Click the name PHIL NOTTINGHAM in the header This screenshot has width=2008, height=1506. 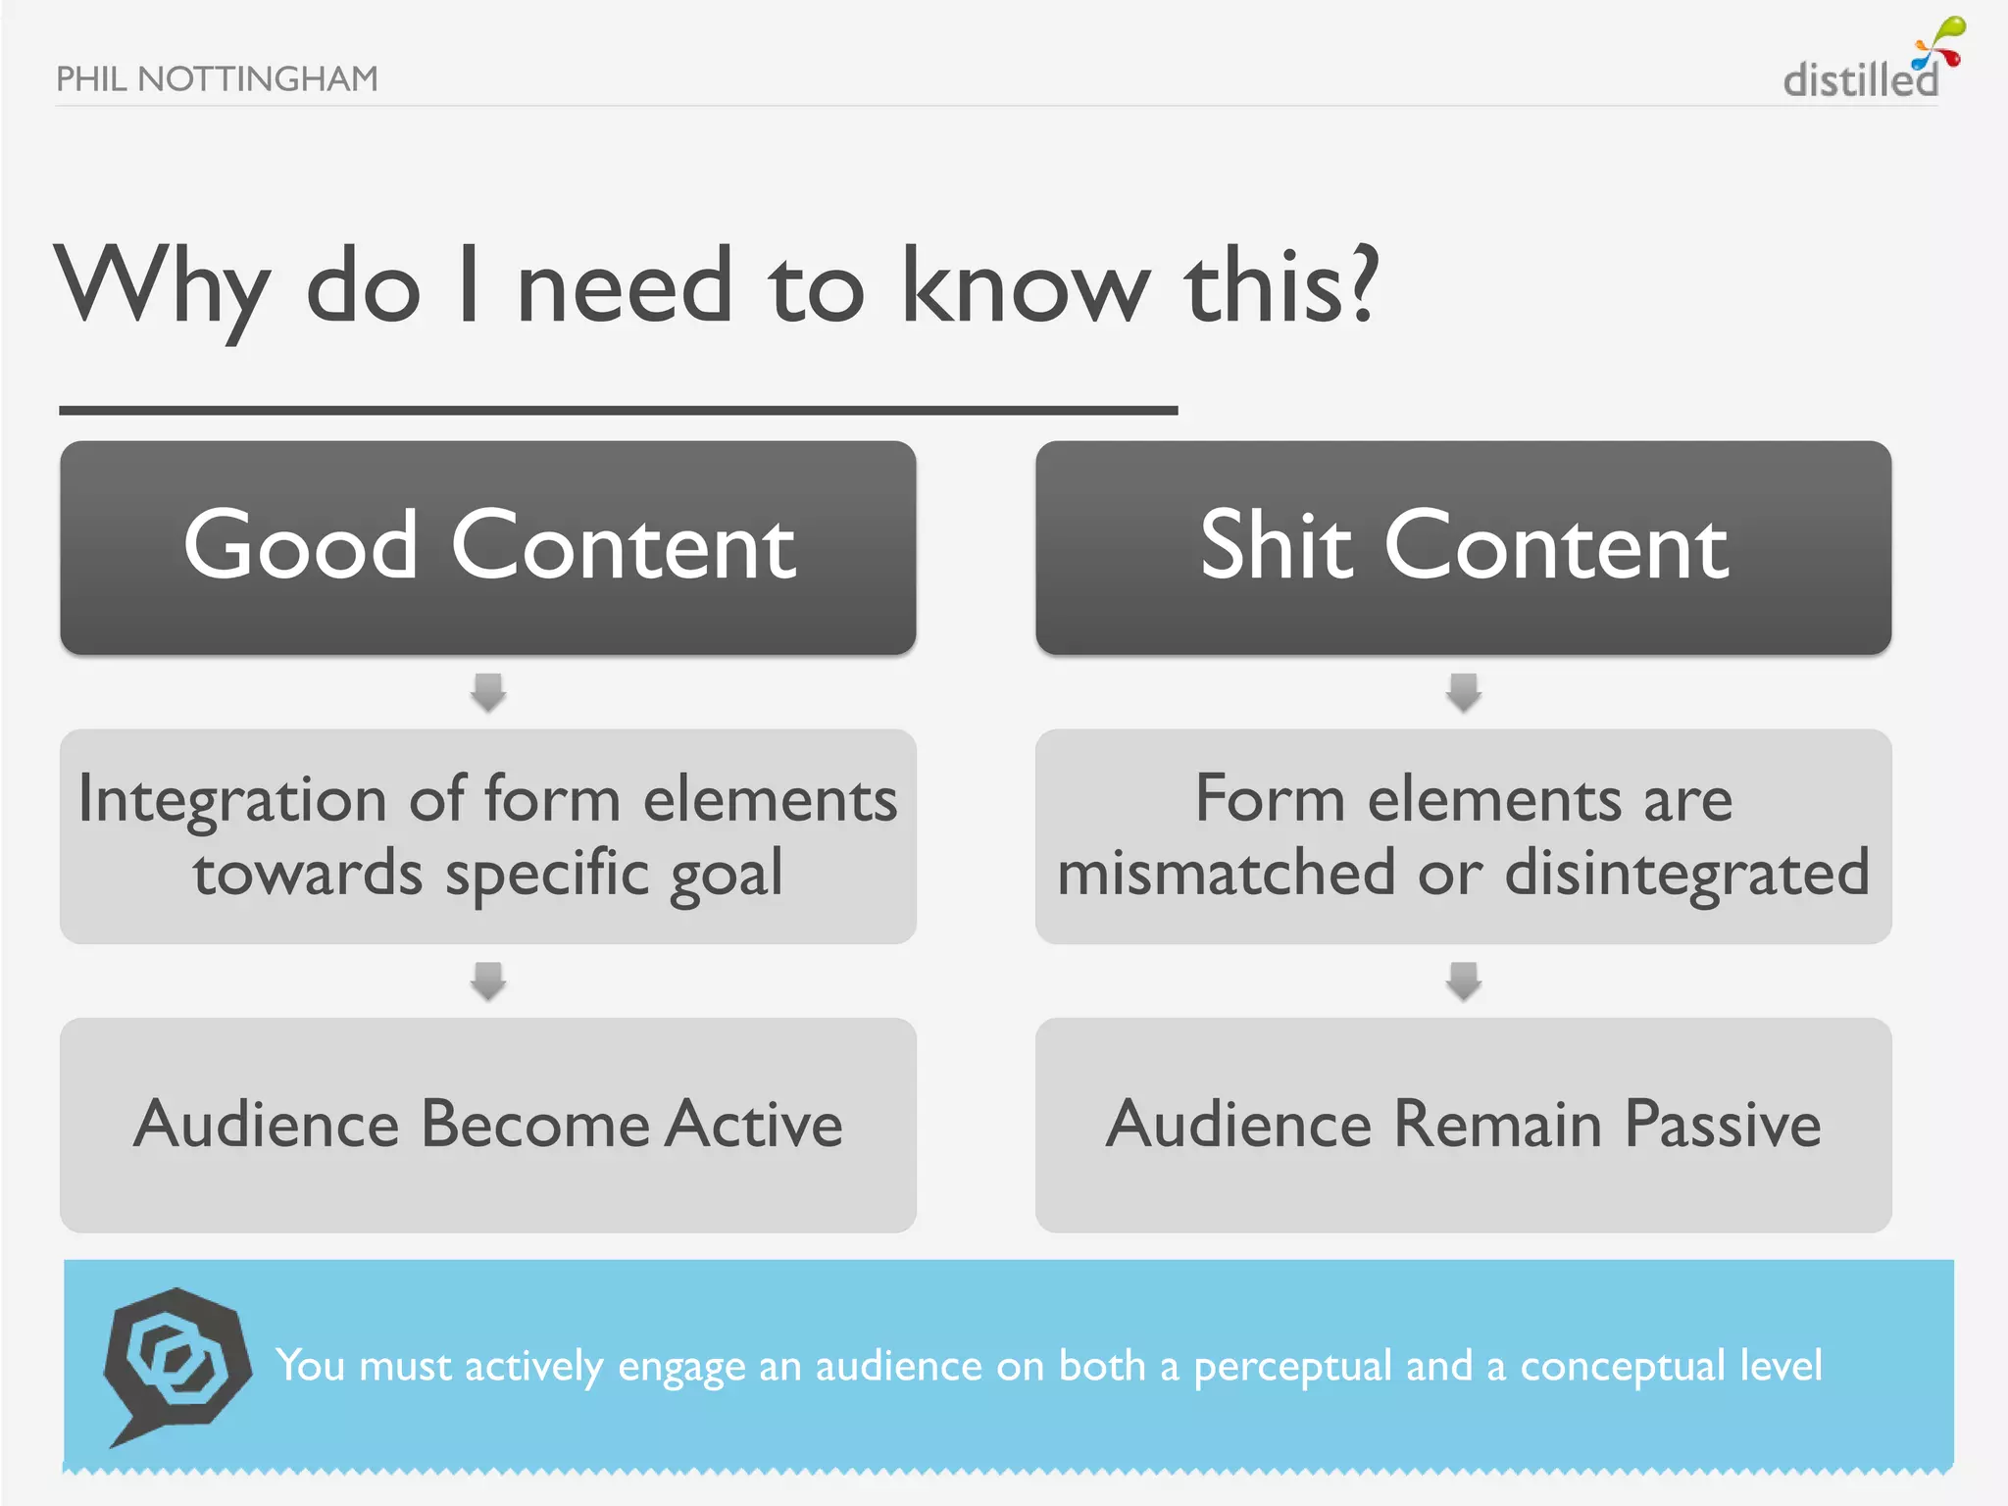pos(217,78)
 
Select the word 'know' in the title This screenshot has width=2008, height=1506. pos(1025,286)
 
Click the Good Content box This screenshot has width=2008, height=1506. pos(488,547)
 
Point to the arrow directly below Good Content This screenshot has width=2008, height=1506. pos(488,692)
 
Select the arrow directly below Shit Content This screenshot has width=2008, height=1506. pos(1464,692)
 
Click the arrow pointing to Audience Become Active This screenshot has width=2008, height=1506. pos(488,980)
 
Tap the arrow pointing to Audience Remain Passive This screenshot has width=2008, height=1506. pos(1464,980)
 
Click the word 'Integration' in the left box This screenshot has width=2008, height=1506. pos(232,800)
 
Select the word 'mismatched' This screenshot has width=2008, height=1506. pos(1226,873)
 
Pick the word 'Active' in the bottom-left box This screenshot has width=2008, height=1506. pos(753,1124)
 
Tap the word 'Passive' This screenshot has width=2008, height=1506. pos(1723,1124)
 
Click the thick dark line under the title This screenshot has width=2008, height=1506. pos(618,411)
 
